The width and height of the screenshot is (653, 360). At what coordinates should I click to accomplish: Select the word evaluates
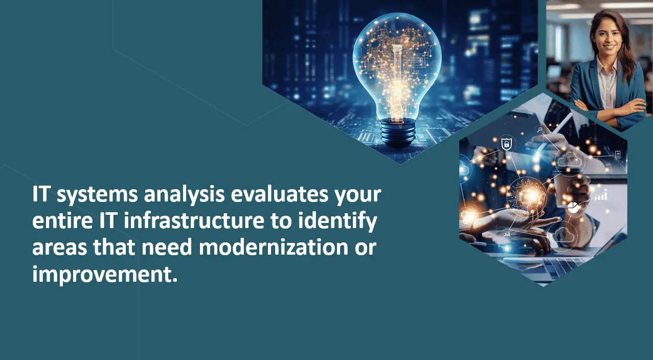point(280,194)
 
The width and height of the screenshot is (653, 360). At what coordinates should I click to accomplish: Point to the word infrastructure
point(194,221)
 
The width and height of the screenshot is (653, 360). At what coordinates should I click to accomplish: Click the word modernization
point(274,247)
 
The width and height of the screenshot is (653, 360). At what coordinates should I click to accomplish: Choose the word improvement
point(105,275)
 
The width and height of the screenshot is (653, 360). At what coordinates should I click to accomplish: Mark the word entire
point(62,221)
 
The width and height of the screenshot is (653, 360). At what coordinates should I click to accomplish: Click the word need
point(167,247)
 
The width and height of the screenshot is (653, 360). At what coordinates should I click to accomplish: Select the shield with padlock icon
point(507,144)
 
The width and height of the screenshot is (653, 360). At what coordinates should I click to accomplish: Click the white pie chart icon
point(573,207)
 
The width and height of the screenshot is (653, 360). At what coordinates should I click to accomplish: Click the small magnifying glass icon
point(540,129)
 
